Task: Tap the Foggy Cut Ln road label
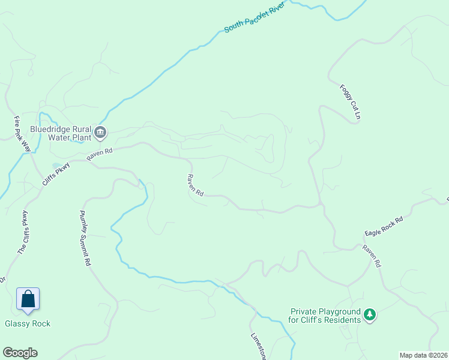pos(351,101)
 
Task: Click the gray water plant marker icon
pos(100,133)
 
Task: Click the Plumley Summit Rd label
pos(86,238)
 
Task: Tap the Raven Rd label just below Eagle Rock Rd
pos(371,256)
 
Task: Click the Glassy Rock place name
pos(28,324)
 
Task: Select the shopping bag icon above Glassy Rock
pos(28,298)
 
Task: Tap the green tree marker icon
pos(370,314)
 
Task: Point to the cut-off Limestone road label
pos(257,346)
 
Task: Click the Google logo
pos(20,353)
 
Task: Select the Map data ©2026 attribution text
pos(423,355)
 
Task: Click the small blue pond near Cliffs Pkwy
pos(56,164)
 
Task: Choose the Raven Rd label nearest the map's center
pos(195,185)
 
